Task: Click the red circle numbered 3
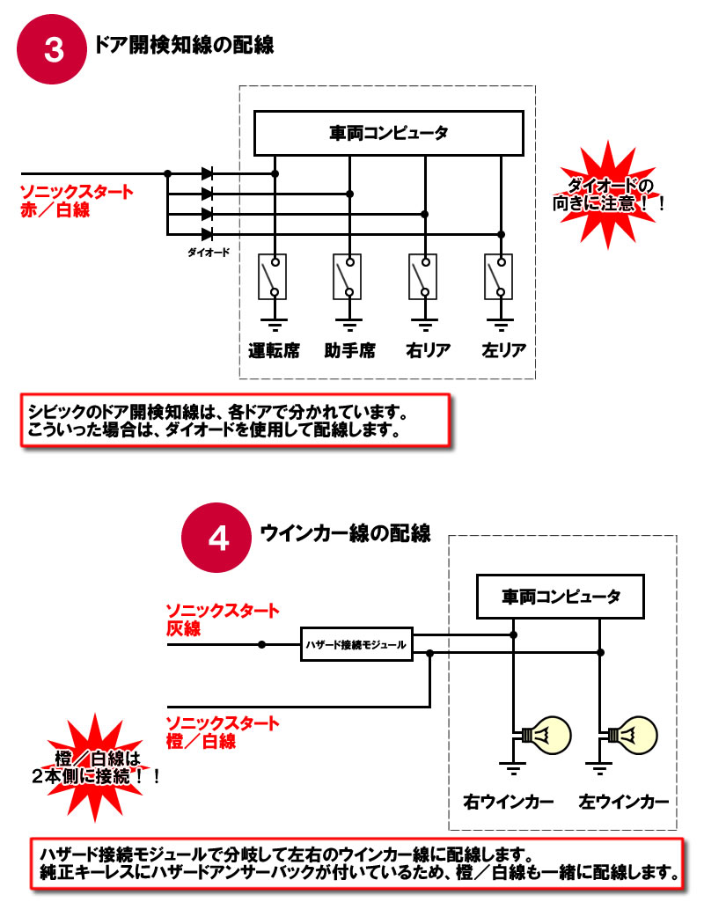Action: pyautogui.click(x=53, y=50)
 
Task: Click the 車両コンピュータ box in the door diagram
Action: pyautogui.click(x=388, y=133)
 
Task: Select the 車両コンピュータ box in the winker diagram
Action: pyautogui.click(x=561, y=597)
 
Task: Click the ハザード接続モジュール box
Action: pyautogui.click(x=356, y=645)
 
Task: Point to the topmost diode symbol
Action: pyautogui.click(x=207, y=173)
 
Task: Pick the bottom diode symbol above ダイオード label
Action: pyautogui.click(x=207, y=234)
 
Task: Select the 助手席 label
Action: pyautogui.click(x=349, y=350)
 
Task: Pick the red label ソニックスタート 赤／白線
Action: pyautogui.click(x=77, y=201)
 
